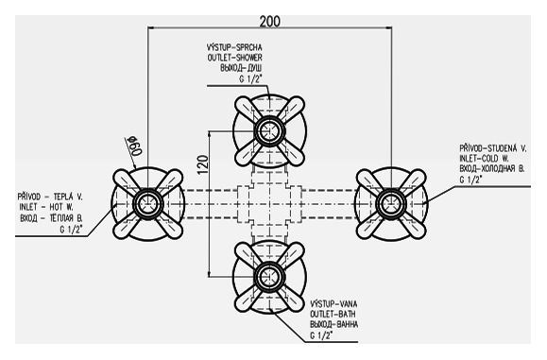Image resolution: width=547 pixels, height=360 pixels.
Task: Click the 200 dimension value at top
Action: (269, 22)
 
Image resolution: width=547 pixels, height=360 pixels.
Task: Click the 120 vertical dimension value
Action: (203, 164)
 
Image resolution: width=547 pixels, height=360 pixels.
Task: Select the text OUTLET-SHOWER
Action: (235, 58)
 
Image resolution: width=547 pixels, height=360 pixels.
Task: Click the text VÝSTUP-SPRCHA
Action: (234, 47)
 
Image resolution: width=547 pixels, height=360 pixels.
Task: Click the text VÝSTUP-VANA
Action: (333, 304)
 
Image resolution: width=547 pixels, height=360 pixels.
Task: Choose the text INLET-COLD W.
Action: (485, 159)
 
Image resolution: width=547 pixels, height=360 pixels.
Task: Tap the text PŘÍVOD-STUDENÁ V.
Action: (493, 148)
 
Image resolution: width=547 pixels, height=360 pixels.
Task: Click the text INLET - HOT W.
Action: (46, 207)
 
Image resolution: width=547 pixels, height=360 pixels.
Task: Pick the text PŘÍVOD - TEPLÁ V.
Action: (50, 197)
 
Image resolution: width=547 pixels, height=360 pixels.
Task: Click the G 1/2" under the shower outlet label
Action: (250, 79)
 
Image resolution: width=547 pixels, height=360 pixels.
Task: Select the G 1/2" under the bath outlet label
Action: (321, 335)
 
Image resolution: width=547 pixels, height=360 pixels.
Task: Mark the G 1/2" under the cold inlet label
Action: (470, 180)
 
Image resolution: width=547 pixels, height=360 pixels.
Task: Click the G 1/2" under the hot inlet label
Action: (71, 230)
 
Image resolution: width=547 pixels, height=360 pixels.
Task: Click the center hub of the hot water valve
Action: (147, 204)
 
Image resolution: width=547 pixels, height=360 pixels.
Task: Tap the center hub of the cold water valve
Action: (391, 204)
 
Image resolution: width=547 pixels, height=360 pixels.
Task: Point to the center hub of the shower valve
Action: (269, 130)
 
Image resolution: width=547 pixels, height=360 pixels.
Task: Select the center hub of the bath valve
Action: (269, 277)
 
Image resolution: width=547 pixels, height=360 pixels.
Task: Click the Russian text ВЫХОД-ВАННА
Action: (333, 324)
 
